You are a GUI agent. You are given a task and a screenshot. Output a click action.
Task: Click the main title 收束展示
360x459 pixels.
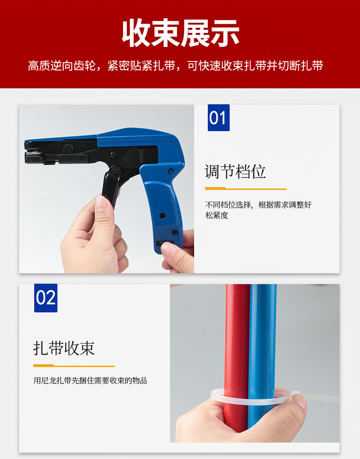pos(180,33)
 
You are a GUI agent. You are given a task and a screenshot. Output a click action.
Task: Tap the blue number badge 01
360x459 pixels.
pos(219,117)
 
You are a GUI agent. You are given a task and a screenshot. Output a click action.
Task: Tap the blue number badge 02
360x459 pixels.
pos(46,298)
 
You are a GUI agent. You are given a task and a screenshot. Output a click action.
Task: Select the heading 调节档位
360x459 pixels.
pos(235,171)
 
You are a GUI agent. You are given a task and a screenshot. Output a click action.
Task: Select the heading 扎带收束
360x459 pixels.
pos(64,348)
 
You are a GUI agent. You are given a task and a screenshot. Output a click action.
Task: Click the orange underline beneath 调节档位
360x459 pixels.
pos(246,189)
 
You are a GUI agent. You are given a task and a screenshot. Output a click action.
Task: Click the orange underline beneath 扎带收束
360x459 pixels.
pos(74,366)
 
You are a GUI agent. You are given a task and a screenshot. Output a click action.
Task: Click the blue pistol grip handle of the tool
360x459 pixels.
pos(163,205)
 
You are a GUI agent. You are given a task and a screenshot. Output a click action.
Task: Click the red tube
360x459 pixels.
pos(237,357)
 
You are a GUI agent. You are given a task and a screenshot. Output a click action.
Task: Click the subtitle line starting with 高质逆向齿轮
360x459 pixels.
pos(175,66)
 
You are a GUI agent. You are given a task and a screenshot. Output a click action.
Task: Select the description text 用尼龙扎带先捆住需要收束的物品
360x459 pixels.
pos(90,381)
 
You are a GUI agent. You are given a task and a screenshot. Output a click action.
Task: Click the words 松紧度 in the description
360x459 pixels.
pos(217,215)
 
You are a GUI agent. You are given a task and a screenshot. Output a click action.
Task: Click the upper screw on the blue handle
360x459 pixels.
pos(170,171)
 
